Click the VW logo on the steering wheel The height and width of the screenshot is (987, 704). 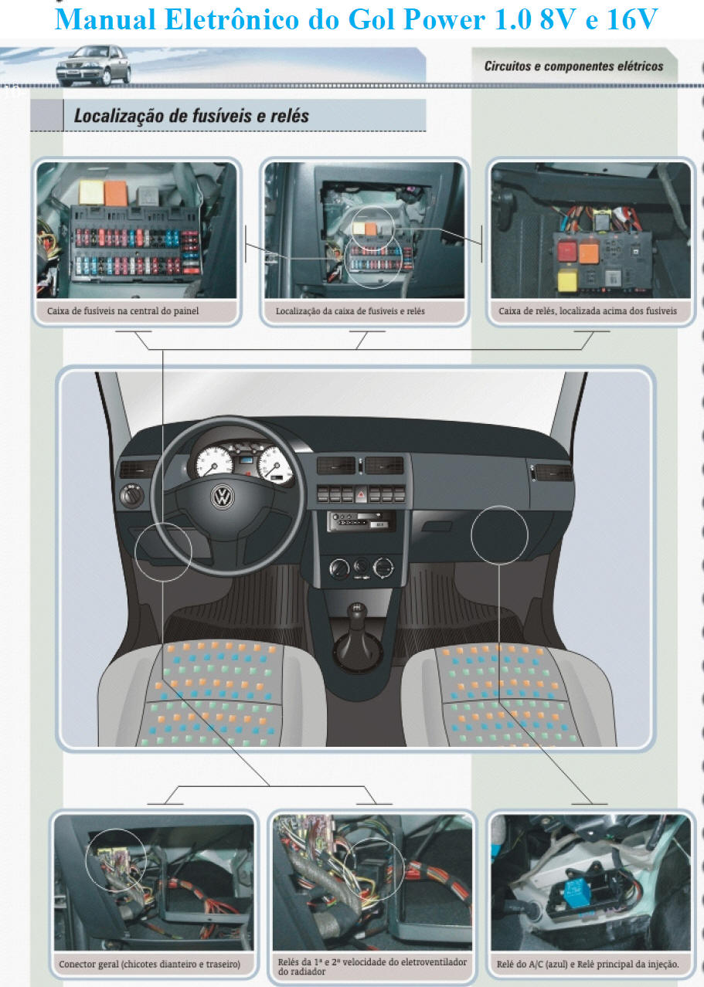pyautogui.click(x=223, y=497)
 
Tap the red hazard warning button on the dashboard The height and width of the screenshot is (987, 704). pyautogui.click(x=361, y=495)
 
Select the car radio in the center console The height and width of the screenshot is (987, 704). pyautogui.click(x=361, y=521)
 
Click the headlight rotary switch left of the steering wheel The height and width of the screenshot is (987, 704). pyautogui.click(x=132, y=495)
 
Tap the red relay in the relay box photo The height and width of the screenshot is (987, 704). pyautogui.click(x=567, y=251)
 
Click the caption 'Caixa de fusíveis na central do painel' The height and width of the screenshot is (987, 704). pyautogui.click(x=123, y=311)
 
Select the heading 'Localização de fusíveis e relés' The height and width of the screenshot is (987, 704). pyautogui.click(x=192, y=116)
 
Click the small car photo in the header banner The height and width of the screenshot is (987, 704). pyautogui.click(x=94, y=65)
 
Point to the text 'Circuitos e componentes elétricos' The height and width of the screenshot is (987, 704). pyautogui.click(x=573, y=66)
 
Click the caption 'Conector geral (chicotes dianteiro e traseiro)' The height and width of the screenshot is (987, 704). pyautogui.click(x=150, y=964)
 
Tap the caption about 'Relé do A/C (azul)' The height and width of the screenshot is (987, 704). pyautogui.click(x=587, y=964)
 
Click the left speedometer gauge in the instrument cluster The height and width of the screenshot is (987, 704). pyautogui.click(x=214, y=462)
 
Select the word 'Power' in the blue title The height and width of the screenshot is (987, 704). pyautogui.click(x=444, y=20)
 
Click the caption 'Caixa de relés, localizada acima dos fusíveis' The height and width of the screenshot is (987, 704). pyautogui.click(x=587, y=311)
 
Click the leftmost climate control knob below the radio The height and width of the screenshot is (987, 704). pyautogui.click(x=339, y=568)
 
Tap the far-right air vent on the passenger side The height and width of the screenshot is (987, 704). pyautogui.click(x=553, y=473)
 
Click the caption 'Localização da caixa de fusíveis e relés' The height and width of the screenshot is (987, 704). pyautogui.click(x=351, y=311)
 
